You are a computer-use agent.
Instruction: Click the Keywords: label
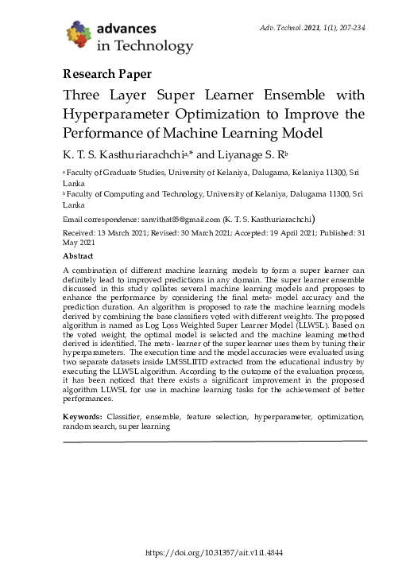83,417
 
